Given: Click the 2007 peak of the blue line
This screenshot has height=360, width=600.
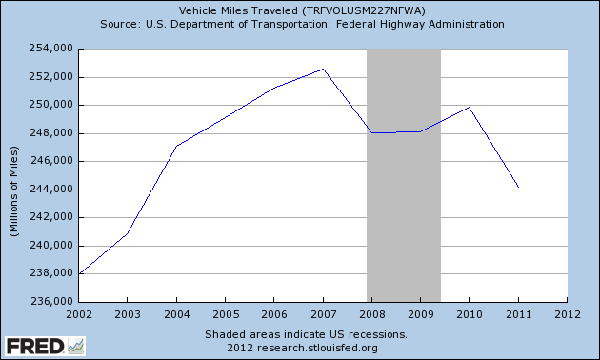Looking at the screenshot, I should [x=323, y=69].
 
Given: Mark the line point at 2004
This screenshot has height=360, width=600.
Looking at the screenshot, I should [x=176, y=146].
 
